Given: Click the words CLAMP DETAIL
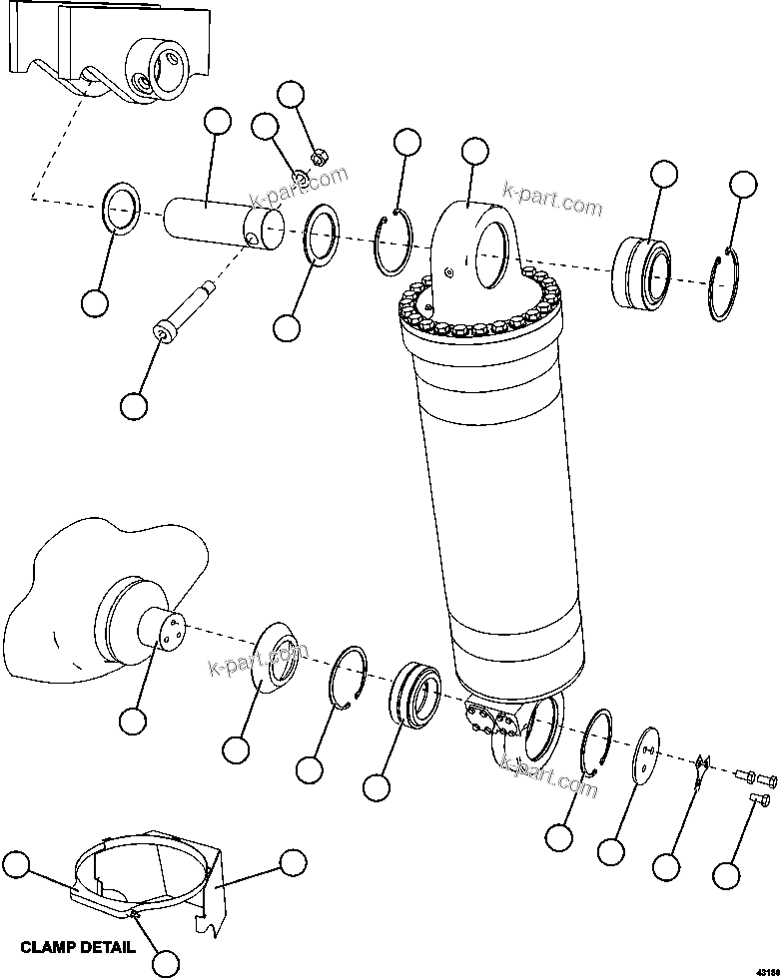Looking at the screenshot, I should coord(77,947).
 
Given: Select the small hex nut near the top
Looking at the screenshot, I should coord(320,156).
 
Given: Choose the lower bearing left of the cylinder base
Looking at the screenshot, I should coord(412,690).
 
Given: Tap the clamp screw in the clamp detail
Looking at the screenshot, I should coord(133,913).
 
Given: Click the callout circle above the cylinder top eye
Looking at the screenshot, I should coord(475,152).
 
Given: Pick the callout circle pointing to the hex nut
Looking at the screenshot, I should coord(291,95).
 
